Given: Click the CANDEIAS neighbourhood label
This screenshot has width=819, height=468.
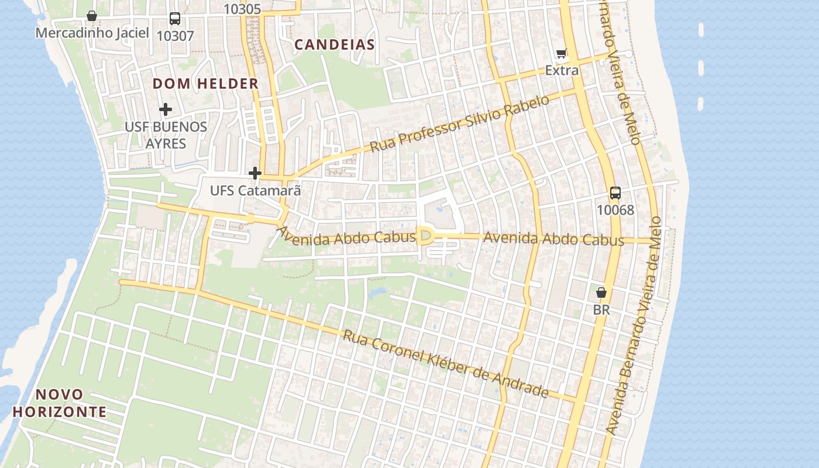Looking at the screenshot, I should click(334, 44).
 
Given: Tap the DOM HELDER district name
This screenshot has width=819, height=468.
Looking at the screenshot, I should click(205, 84).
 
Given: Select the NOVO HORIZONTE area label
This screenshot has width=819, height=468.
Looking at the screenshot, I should click(59, 403).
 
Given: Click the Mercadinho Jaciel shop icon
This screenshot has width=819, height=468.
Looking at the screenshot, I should click(92, 15).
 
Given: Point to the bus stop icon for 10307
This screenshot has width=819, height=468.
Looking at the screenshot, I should click(175, 18).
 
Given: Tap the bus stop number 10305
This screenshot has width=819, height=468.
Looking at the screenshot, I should click(242, 9).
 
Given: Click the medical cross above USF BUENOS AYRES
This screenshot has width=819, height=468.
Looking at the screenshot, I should click(166, 109).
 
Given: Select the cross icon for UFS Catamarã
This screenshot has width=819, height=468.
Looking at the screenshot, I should click(255, 173).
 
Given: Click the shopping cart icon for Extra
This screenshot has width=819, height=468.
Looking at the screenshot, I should click(562, 54).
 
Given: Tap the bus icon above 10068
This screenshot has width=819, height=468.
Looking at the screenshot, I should click(615, 193).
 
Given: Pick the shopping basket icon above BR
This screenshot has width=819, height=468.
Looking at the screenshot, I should click(601, 292).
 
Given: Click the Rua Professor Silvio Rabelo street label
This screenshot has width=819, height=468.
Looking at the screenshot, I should click(460, 123).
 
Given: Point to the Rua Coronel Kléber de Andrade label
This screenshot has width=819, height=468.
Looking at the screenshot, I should click(446, 363).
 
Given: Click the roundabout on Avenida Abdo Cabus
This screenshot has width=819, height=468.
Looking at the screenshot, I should click(425, 236).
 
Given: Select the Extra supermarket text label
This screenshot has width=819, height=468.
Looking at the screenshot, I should click(562, 71).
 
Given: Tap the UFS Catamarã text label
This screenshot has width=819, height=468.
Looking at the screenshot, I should click(256, 190).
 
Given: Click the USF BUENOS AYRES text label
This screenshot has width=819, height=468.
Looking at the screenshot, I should click(166, 135).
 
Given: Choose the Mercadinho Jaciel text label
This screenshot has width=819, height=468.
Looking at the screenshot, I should click(92, 33).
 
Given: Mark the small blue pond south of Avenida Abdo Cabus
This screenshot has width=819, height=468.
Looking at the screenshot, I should click(376, 291).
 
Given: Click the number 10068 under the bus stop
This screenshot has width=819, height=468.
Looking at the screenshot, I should click(615, 210).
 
